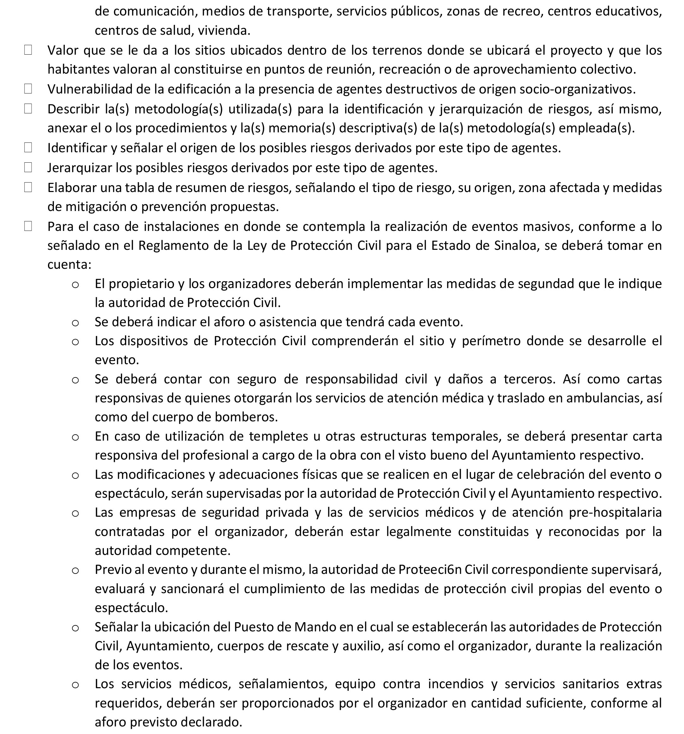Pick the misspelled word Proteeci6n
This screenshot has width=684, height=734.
[x=430, y=569]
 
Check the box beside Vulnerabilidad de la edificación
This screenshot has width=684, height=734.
[x=28, y=89]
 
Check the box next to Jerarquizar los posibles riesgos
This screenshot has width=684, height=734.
[x=28, y=167]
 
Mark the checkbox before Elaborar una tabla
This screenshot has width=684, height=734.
[x=28, y=187]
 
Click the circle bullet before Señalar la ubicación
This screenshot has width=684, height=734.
[x=75, y=628]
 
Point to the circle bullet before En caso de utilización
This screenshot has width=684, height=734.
[x=75, y=437]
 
